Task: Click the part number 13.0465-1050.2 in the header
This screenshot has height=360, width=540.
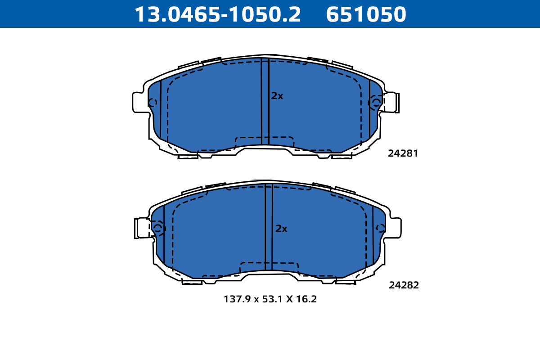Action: pyautogui.click(x=218, y=14)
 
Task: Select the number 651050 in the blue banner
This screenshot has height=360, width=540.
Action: pyautogui.click(x=366, y=14)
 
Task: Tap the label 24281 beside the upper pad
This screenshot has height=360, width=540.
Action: pyautogui.click(x=403, y=153)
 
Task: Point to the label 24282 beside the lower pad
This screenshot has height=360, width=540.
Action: pyautogui.click(x=404, y=285)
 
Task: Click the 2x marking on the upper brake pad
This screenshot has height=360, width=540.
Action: pyautogui.click(x=277, y=96)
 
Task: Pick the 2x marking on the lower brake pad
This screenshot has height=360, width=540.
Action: pyautogui.click(x=281, y=228)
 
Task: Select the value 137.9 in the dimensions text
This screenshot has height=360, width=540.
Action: pyautogui.click(x=238, y=299)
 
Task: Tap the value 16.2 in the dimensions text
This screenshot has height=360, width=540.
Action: pyautogui.click(x=306, y=299)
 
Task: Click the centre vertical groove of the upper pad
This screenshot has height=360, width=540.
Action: pyautogui.click(x=265, y=102)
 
